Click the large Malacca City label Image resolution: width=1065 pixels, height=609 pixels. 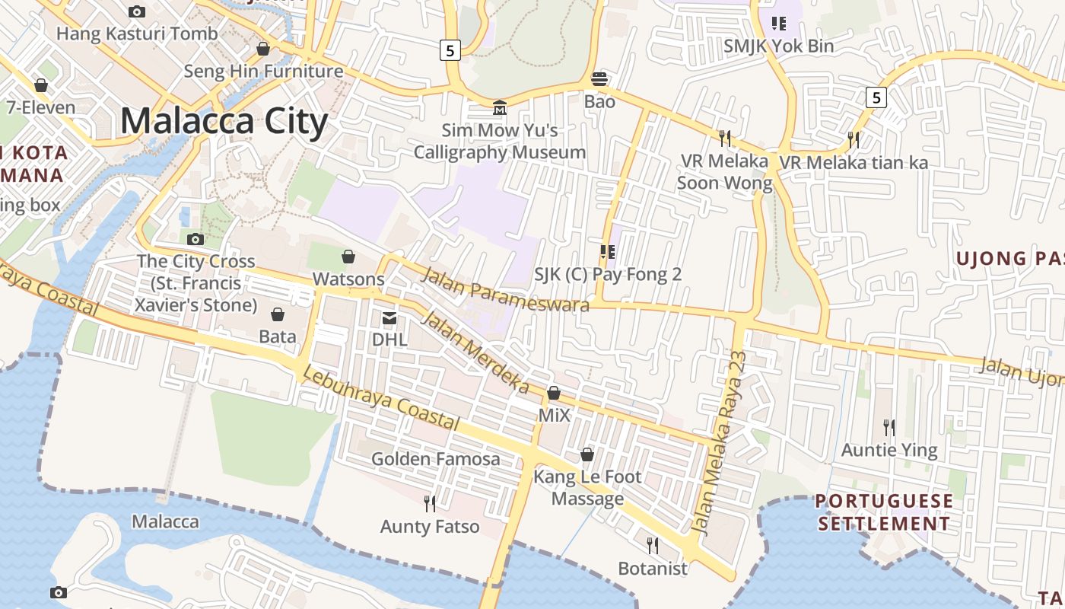point(224,121)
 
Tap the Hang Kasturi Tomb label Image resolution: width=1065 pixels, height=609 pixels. point(137,33)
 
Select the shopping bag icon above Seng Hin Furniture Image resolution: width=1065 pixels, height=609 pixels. point(263,49)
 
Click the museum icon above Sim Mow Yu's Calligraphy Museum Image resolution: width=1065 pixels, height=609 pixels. point(500,108)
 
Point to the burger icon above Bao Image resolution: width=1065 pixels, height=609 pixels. point(599,79)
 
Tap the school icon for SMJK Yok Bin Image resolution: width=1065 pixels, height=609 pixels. point(778,24)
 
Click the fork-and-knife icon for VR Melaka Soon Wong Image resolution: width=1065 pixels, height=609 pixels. point(725,139)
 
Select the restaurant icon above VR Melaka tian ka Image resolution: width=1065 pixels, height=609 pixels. point(854,140)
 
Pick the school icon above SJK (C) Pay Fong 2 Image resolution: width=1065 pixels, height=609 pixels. point(607,252)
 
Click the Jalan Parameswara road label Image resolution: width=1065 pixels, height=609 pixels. point(506,290)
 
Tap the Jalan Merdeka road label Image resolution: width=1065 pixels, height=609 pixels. point(475,352)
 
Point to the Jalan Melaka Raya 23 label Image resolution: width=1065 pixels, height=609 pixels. point(720,443)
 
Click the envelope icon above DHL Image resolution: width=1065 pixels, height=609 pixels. point(389,317)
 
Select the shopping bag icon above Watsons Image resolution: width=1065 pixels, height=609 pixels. point(348,257)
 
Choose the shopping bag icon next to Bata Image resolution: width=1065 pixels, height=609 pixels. point(278,314)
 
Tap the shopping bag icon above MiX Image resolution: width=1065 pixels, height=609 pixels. point(554,394)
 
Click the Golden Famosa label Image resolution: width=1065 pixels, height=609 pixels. point(435,459)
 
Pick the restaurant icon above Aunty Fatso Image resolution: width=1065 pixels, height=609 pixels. point(430,503)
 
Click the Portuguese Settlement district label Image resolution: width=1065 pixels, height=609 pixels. point(883,512)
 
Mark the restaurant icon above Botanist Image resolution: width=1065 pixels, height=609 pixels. point(652,546)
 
